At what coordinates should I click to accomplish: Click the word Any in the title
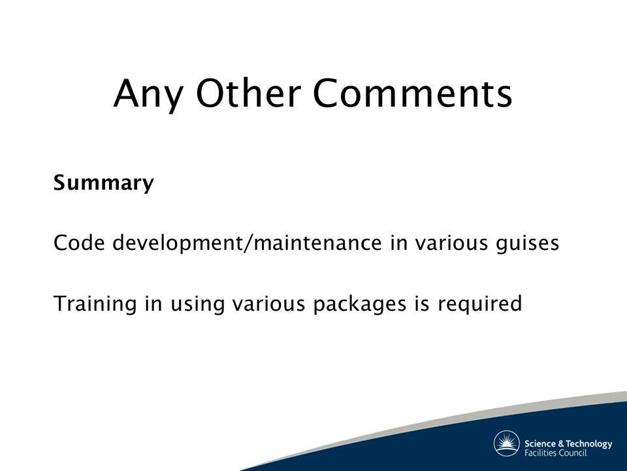148,94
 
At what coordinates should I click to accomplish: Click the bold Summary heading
104,183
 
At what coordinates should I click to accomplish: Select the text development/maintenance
247,244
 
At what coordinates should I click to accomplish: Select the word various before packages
268,304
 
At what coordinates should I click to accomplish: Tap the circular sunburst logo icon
506,444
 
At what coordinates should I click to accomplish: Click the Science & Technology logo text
568,444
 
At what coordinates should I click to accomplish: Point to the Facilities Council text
555,453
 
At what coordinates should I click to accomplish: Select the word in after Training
153,304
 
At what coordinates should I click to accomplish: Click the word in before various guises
398,243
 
